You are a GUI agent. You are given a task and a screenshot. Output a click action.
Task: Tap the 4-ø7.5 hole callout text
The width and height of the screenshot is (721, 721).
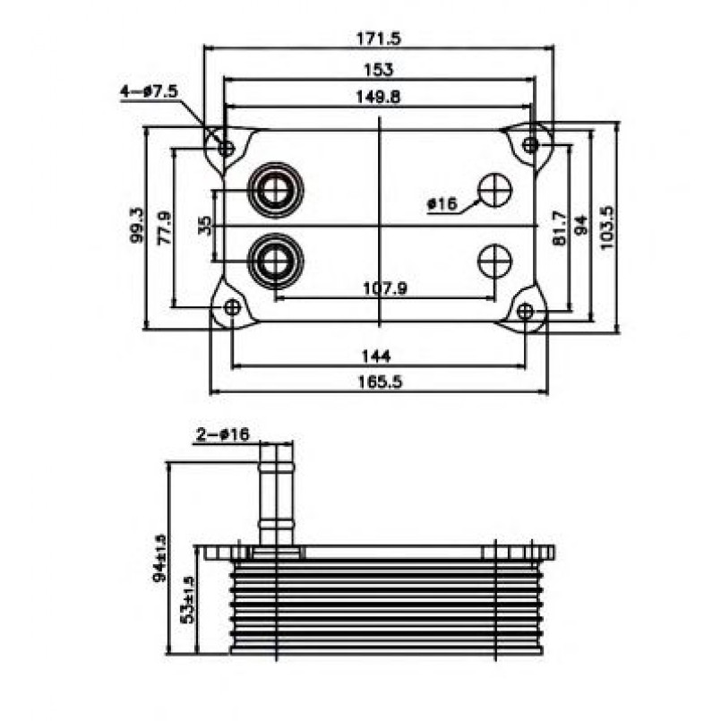[x=150, y=91]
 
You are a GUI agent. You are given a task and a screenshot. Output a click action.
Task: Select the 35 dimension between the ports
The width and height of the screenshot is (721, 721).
[x=206, y=225]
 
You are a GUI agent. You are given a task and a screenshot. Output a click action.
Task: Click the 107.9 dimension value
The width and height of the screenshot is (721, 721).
[x=384, y=288]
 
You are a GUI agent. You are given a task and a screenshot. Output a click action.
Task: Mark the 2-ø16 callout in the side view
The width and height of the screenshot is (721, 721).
[x=223, y=435]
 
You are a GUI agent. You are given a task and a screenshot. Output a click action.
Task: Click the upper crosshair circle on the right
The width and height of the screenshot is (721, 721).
[x=494, y=189]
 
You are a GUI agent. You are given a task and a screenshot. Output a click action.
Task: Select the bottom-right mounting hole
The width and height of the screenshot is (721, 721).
[x=526, y=311]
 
